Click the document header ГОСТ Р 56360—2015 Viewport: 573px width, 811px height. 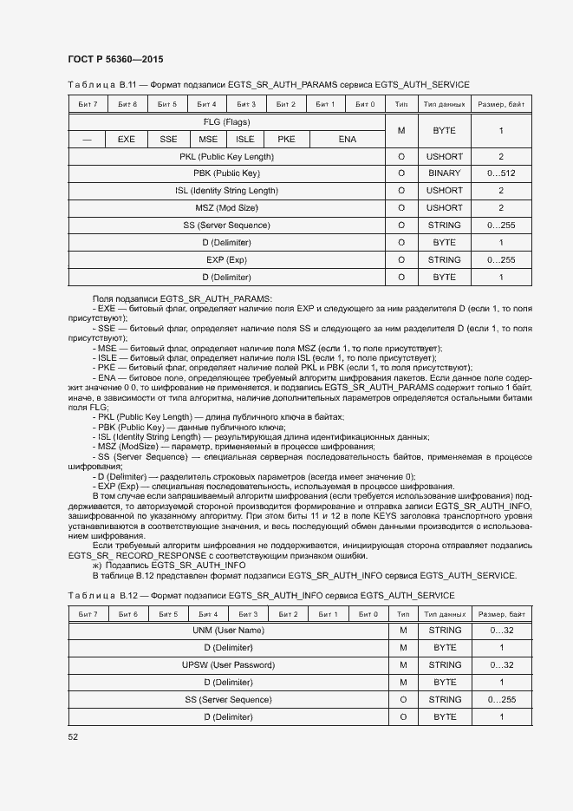click(x=115, y=59)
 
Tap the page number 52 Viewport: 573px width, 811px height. click(x=73, y=737)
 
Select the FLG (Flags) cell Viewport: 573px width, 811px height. click(x=226, y=122)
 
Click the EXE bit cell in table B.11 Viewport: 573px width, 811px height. click(x=127, y=139)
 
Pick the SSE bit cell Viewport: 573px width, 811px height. click(x=168, y=139)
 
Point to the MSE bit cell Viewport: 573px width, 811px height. click(x=208, y=139)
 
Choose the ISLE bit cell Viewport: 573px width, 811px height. click(x=245, y=139)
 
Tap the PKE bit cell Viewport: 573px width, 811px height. click(x=286, y=139)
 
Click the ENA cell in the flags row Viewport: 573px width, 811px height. click(x=347, y=139)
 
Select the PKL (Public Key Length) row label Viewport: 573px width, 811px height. click(x=226, y=156)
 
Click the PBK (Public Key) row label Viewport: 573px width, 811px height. click(x=226, y=173)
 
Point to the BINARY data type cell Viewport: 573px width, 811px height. click(x=444, y=173)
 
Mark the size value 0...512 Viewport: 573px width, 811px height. click(x=501, y=173)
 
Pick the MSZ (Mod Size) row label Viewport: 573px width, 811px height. click(x=226, y=208)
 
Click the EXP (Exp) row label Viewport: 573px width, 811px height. click(x=226, y=259)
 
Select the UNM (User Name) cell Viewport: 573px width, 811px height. click(x=226, y=631)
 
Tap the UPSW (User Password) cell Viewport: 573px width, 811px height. click(x=226, y=665)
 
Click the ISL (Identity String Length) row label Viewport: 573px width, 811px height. click(x=226, y=191)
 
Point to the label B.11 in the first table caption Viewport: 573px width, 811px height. click(x=127, y=85)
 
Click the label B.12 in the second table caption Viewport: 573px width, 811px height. click(x=127, y=595)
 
